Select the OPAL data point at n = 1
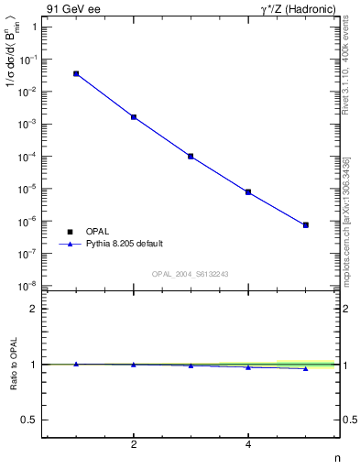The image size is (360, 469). click(x=76, y=73)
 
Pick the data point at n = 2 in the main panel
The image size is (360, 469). click(x=134, y=117)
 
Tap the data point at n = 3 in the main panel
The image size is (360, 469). click(x=191, y=157)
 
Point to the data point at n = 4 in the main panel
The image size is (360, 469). click(x=248, y=192)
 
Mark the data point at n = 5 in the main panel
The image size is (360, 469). click(x=306, y=224)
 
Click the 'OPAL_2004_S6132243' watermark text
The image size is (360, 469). click(x=191, y=273)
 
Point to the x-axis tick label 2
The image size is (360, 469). click(x=134, y=445)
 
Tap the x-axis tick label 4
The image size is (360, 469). click(x=248, y=445)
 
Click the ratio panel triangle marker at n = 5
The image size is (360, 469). click(x=306, y=368)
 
